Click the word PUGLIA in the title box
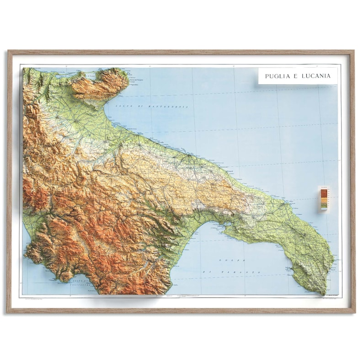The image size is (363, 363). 277,76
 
